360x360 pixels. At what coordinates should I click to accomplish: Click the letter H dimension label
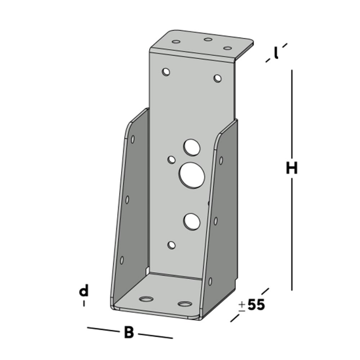coord(292,168)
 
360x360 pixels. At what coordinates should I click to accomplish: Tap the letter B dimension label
coord(130,333)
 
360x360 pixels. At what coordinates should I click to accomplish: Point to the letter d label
coord(84,291)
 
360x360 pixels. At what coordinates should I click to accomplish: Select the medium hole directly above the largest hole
coord(192,146)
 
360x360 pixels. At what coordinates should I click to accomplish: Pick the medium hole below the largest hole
coord(191,222)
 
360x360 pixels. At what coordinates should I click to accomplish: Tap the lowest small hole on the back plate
coord(172,245)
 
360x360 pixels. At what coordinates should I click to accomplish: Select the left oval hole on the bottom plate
coord(145,298)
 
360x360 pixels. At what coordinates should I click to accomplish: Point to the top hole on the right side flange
coord(221,160)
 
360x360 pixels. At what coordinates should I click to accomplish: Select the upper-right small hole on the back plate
coord(218,79)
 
